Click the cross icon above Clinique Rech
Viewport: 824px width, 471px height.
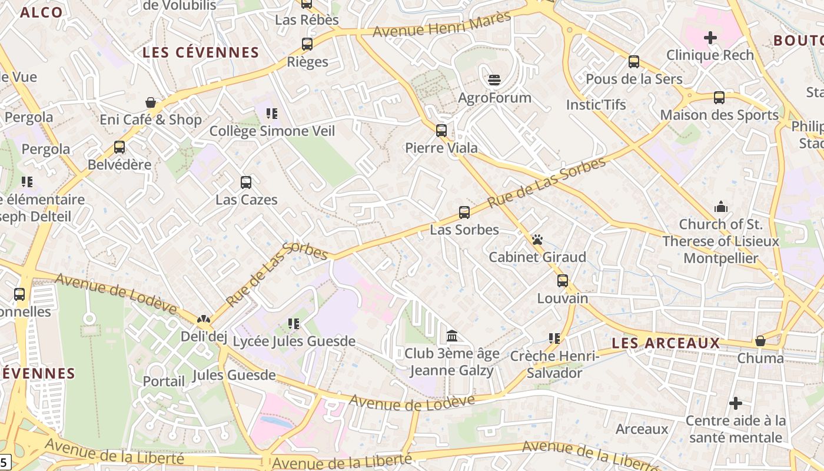[710, 38]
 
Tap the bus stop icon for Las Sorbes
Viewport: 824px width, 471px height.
[464, 213]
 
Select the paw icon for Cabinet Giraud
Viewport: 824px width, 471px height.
[537, 240]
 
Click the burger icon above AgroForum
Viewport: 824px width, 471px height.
[494, 79]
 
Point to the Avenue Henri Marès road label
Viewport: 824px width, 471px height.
[442, 24]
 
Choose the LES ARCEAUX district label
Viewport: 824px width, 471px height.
[666, 343]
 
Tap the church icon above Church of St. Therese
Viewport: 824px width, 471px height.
[720, 207]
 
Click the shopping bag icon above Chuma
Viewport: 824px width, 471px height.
[760, 341]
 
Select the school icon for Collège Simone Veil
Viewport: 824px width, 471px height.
[271, 113]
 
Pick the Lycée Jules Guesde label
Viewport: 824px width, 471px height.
[294, 341]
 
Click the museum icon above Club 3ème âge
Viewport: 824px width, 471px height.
[452, 336]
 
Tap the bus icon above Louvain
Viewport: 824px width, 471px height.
[563, 281]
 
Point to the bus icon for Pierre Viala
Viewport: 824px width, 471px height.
[441, 131]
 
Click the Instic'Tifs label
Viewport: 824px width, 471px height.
[596, 105]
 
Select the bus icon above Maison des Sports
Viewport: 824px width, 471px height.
[719, 98]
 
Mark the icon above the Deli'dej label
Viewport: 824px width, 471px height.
[204, 320]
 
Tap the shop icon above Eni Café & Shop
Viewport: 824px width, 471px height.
[151, 102]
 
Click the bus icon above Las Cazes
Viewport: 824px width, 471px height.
[246, 183]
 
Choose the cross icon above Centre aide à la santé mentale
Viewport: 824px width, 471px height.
[736, 403]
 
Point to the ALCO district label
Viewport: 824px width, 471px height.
[41, 12]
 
